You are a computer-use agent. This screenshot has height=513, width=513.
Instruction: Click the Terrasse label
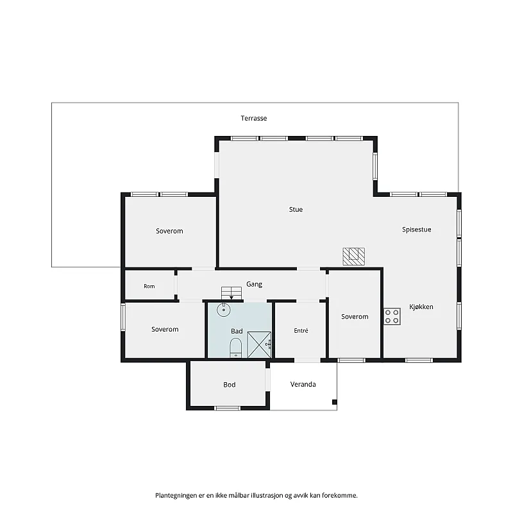coord(254,119)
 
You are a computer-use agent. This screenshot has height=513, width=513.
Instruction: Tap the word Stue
coord(296,210)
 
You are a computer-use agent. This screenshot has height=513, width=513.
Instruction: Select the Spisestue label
coord(416,230)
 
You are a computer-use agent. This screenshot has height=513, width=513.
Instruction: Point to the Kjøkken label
coord(421,307)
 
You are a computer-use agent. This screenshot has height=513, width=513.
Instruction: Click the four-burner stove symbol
coord(392,316)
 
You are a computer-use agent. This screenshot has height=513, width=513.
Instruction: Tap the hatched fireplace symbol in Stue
coord(354,256)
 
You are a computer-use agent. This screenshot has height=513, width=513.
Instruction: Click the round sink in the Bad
coord(224,310)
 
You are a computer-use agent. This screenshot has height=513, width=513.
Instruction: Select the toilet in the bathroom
coord(235,348)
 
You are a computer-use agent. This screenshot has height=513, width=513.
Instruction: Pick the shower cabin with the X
coord(259,345)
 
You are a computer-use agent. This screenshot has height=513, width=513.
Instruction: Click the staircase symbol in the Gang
coord(231,293)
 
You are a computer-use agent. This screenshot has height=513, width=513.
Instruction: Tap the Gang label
coord(254,284)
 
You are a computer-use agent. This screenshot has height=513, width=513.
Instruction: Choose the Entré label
coord(301,331)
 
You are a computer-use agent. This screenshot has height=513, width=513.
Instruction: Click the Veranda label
coord(303,384)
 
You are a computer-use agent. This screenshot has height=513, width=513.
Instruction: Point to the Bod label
coord(230,385)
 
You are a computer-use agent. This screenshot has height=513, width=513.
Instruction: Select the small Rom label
coord(149,286)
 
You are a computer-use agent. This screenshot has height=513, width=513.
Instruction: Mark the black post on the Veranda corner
coord(334,402)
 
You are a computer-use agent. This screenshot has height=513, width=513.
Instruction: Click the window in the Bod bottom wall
coord(228,408)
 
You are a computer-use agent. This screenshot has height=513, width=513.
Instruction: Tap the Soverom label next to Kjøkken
coord(355,317)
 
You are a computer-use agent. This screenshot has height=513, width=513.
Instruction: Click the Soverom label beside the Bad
coord(165,330)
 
